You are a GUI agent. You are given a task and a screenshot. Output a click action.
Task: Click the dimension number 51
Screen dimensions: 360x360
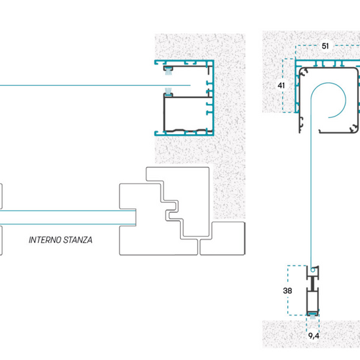pyautogui.click(x=325, y=46)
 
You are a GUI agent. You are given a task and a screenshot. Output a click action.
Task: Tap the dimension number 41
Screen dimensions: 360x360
pyautogui.click(x=281, y=85)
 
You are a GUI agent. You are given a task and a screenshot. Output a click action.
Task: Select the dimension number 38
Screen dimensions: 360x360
pyautogui.click(x=287, y=291)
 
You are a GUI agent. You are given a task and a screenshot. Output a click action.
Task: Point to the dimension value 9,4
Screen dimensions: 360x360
pyautogui.click(x=314, y=336)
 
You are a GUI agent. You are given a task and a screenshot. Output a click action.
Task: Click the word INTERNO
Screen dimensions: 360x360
pyautogui.click(x=45, y=240)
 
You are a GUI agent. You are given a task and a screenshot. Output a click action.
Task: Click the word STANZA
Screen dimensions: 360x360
pyautogui.click(x=78, y=240)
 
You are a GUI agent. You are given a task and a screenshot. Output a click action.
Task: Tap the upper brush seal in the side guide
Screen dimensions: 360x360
pyautogui.click(x=168, y=71)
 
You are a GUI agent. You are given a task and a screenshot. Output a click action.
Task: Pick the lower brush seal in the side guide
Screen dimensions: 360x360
pyautogui.click(x=168, y=92)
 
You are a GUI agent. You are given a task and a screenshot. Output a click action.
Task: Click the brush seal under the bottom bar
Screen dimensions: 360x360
pyautogui.click(x=312, y=315)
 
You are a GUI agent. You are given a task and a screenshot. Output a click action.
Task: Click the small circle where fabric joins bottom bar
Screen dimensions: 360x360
pyautogui.click(x=313, y=270)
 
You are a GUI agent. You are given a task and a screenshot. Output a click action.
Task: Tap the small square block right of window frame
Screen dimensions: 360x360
pyautogui.click(x=223, y=238)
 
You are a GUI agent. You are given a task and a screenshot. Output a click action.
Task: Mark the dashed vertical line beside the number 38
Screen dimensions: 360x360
pyautogui.click(x=288, y=290)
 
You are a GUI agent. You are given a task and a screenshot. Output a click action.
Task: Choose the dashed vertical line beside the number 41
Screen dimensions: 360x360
pyautogui.click(x=283, y=85)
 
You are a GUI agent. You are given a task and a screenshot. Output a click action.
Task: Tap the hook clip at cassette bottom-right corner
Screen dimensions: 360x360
pyautogui.click(x=354, y=128)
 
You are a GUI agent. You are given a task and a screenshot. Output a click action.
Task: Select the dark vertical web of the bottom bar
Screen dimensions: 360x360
pyautogui.click(x=312, y=283)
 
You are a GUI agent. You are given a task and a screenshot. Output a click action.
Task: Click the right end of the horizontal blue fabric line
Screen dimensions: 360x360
pyautogui.click(x=190, y=85)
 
